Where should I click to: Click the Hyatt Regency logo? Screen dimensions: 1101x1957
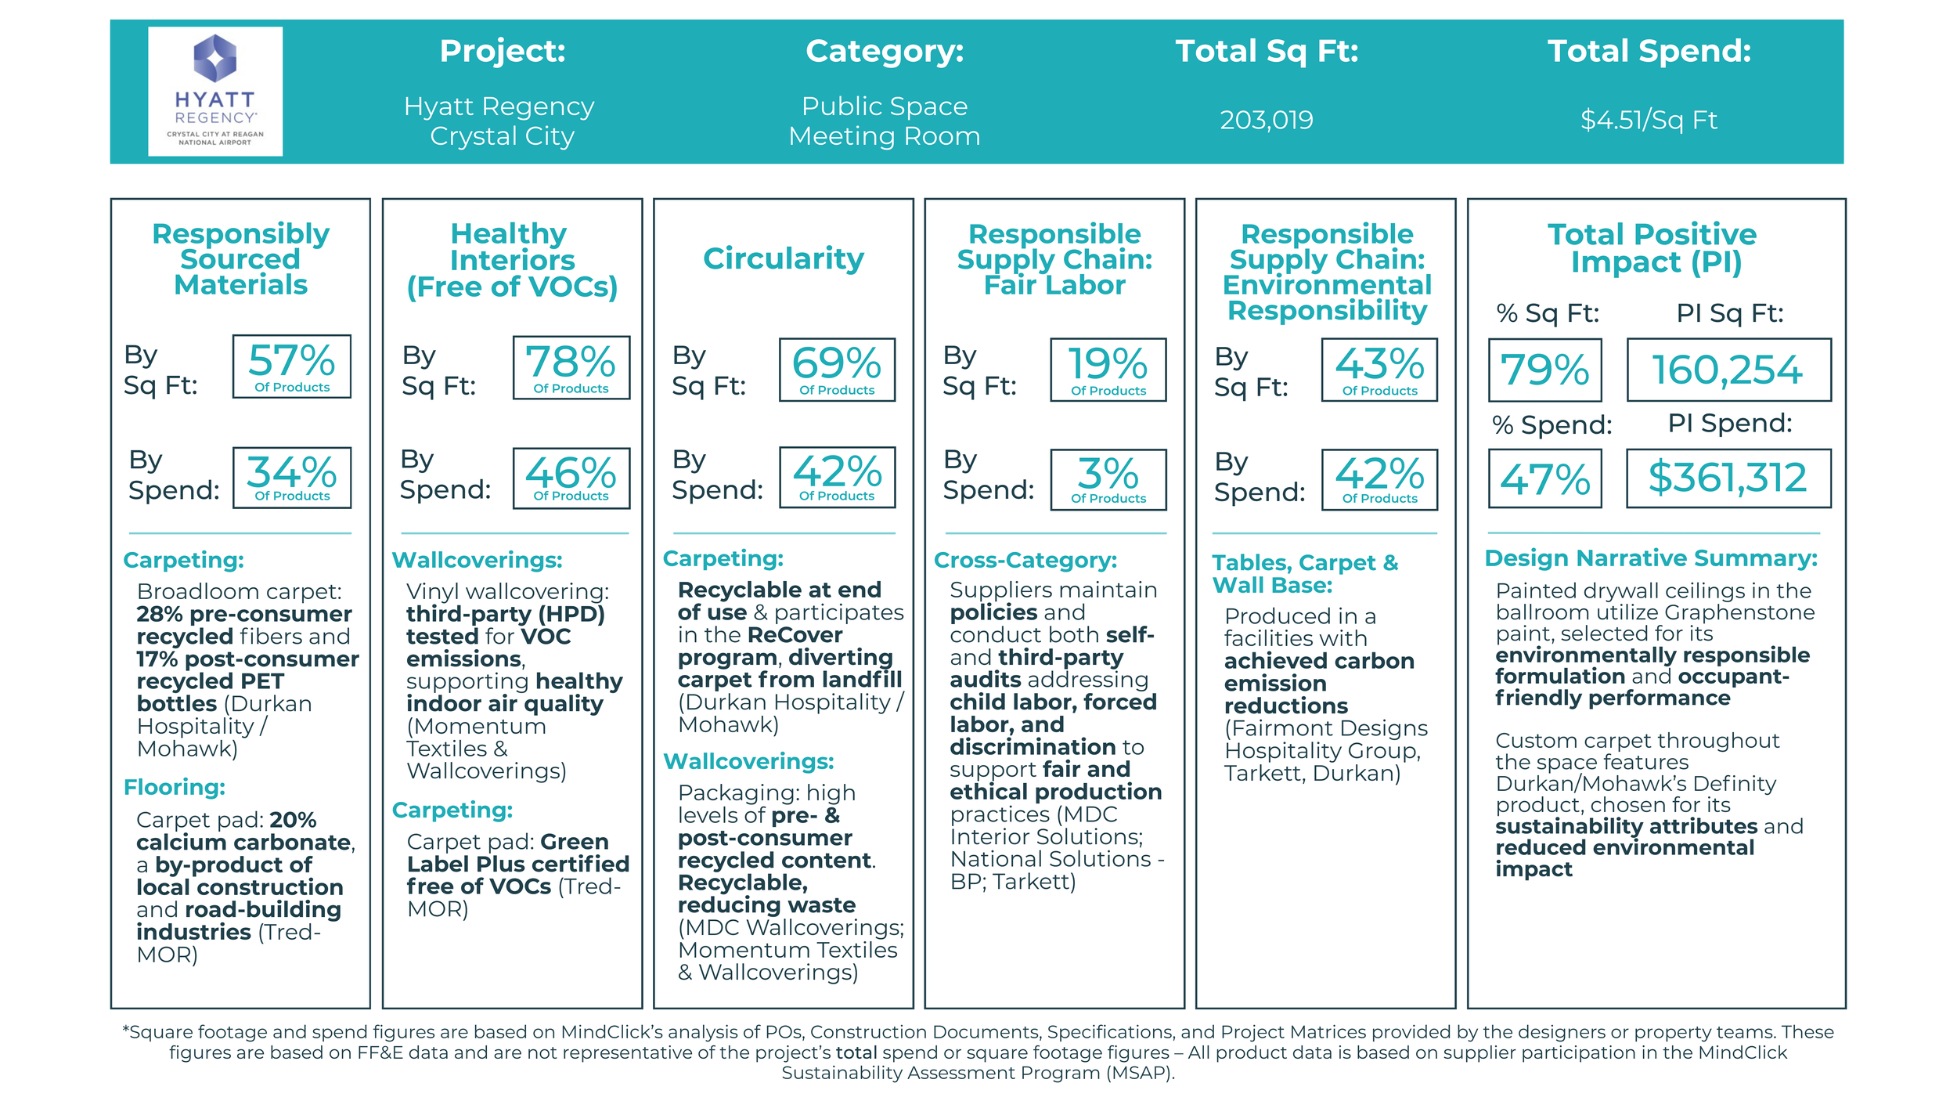(x=215, y=91)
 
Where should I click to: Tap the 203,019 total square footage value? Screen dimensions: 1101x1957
(x=1266, y=120)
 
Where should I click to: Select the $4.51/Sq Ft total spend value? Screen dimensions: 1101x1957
(x=1649, y=120)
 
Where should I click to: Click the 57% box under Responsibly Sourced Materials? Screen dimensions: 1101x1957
(x=291, y=366)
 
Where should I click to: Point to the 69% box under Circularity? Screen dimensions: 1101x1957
(x=836, y=369)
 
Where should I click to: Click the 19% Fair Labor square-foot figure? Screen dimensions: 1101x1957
(x=1108, y=370)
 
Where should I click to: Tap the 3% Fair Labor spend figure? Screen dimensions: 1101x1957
(x=1108, y=479)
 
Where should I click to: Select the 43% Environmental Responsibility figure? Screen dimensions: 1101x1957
(x=1379, y=370)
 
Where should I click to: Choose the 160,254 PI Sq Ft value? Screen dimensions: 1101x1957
(x=1728, y=370)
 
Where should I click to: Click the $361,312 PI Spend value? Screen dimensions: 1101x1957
(x=1728, y=478)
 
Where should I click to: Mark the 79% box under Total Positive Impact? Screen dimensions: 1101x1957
(x=1544, y=370)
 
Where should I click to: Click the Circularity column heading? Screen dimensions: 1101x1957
(x=783, y=258)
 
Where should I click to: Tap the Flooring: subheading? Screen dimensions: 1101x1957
(x=175, y=787)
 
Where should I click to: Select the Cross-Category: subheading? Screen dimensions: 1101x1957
(x=1025, y=560)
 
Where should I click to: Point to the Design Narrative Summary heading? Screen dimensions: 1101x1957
(x=1651, y=558)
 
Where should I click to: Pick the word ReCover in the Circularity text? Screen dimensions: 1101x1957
(x=795, y=635)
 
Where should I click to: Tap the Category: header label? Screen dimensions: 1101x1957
(x=885, y=51)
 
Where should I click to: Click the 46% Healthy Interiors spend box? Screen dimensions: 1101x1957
(x=571, y=478)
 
